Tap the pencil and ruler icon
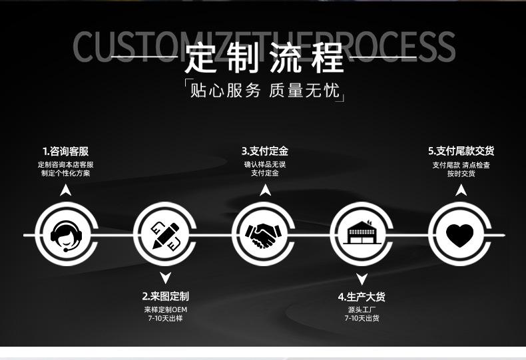point(166,235)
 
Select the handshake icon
point(264,235)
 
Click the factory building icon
point(362,235)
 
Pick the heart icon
point(459,235)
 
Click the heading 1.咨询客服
point(65,151)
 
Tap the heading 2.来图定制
point(165,296)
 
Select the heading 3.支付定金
point(264,151)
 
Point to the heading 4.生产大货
point(362,297)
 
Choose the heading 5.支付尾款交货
point(461,151)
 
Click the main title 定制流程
point(264,58)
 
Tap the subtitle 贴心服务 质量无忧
point(264,90)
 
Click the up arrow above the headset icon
point(65,190)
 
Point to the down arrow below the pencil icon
point(166,278)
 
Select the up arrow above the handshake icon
point(265,190)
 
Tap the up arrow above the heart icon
point(461,190)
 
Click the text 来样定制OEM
point(165,309)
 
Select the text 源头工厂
point(362,309)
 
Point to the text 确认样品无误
point(264,164)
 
